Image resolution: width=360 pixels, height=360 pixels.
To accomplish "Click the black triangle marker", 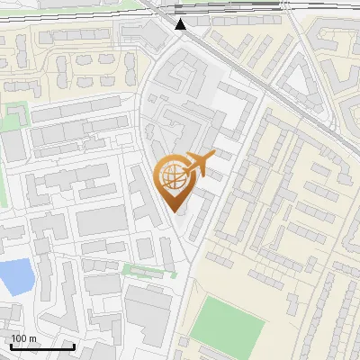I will click(181, 25).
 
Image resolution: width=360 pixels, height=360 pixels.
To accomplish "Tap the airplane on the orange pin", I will click(199, 163).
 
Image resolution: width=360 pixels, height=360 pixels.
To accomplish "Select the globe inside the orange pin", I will click(174, 175).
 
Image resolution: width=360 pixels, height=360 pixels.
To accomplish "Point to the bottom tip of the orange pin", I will click(175, 212).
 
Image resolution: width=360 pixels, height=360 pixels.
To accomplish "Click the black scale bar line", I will click(42, 346).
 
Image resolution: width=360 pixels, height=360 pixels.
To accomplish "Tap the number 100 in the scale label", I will click(18, 338).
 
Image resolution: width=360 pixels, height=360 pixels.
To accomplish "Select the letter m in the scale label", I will click(32, 338).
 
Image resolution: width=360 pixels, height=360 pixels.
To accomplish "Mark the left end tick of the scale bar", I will click(11, 344).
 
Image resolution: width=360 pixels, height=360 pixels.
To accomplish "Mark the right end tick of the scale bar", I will click(74, 344).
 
